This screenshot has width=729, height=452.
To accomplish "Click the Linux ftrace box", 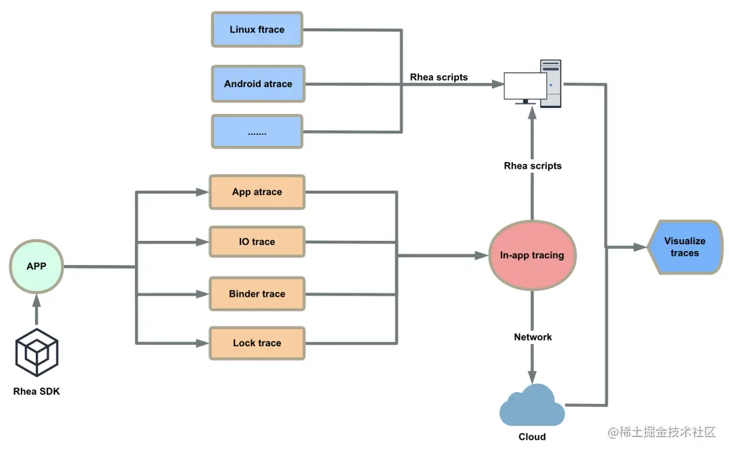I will [x=257, y=30].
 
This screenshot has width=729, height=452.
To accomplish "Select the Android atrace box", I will [x=258, y=84].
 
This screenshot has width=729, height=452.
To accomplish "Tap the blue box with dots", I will [x=257, y=132].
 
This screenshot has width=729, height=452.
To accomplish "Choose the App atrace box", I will [x=257, y=192].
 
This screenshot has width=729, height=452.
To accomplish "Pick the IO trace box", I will [x=257, y=242].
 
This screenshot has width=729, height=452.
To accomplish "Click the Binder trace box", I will [x=257, y=294].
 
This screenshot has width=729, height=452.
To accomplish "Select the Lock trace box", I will [x=257, y=343].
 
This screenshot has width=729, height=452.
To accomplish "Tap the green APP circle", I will [x=36, y=266].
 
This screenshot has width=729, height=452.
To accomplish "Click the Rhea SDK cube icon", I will [x=36, y=353].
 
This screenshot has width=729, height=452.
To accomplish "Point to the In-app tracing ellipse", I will [x=532, y=255].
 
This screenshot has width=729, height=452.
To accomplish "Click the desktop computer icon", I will [x=534, y=84].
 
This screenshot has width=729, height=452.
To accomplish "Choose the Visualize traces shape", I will [x=684, y=247].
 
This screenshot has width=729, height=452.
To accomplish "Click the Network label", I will [x=533, y=337].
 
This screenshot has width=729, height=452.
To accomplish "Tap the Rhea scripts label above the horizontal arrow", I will [x=439, y=77].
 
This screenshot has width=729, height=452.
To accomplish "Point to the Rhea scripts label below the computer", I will [x=533, y=165].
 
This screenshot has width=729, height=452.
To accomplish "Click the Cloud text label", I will [x=532, y=436].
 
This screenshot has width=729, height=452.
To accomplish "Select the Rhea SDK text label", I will [x=36, y=391].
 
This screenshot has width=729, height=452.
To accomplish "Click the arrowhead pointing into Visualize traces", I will [x=640, y=248].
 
